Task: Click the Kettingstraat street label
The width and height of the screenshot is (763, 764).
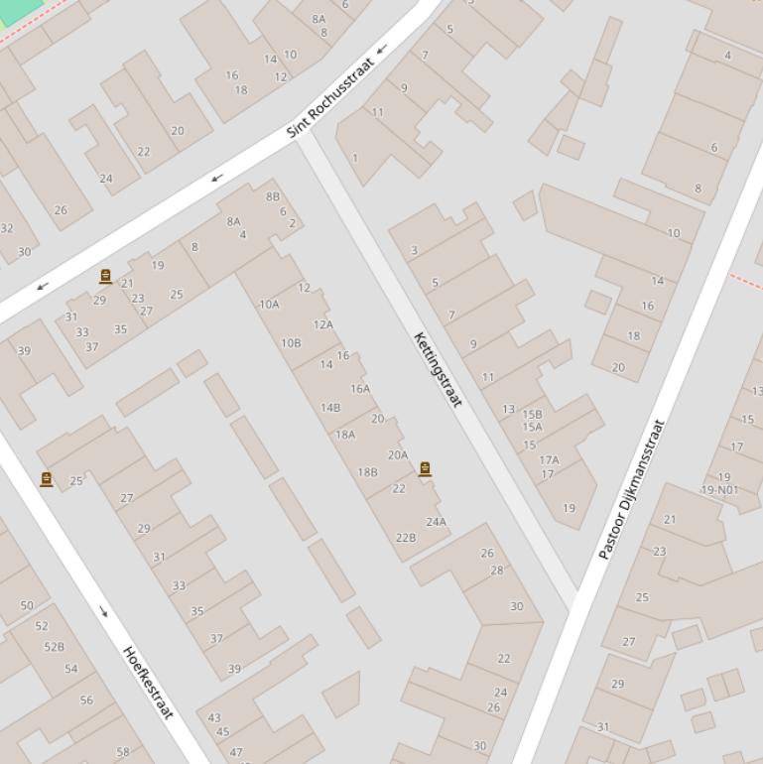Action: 438,369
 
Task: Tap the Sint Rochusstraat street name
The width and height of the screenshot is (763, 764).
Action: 330,98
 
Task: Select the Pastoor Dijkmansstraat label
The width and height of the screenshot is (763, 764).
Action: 632,489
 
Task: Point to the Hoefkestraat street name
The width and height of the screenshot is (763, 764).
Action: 148,682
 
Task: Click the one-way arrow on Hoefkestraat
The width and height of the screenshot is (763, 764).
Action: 103,611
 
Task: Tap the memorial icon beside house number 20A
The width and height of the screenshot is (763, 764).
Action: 425,469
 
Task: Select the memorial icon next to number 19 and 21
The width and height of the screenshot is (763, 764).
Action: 105,277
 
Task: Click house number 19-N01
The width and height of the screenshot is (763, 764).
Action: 719,490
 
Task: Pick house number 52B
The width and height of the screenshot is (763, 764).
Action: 54,647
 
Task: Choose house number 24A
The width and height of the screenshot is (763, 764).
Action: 436,522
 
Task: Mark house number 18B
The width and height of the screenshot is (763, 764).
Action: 367,472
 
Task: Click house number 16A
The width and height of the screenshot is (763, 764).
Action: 360,389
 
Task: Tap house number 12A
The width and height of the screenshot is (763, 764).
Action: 323,324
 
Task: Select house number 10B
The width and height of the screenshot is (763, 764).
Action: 291,343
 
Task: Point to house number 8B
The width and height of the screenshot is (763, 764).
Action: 273,196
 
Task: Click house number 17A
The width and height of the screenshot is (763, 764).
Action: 549,459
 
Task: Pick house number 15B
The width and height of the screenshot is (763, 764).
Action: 533,415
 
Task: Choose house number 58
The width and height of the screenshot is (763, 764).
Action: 123,751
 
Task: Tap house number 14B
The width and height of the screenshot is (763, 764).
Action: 330,407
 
